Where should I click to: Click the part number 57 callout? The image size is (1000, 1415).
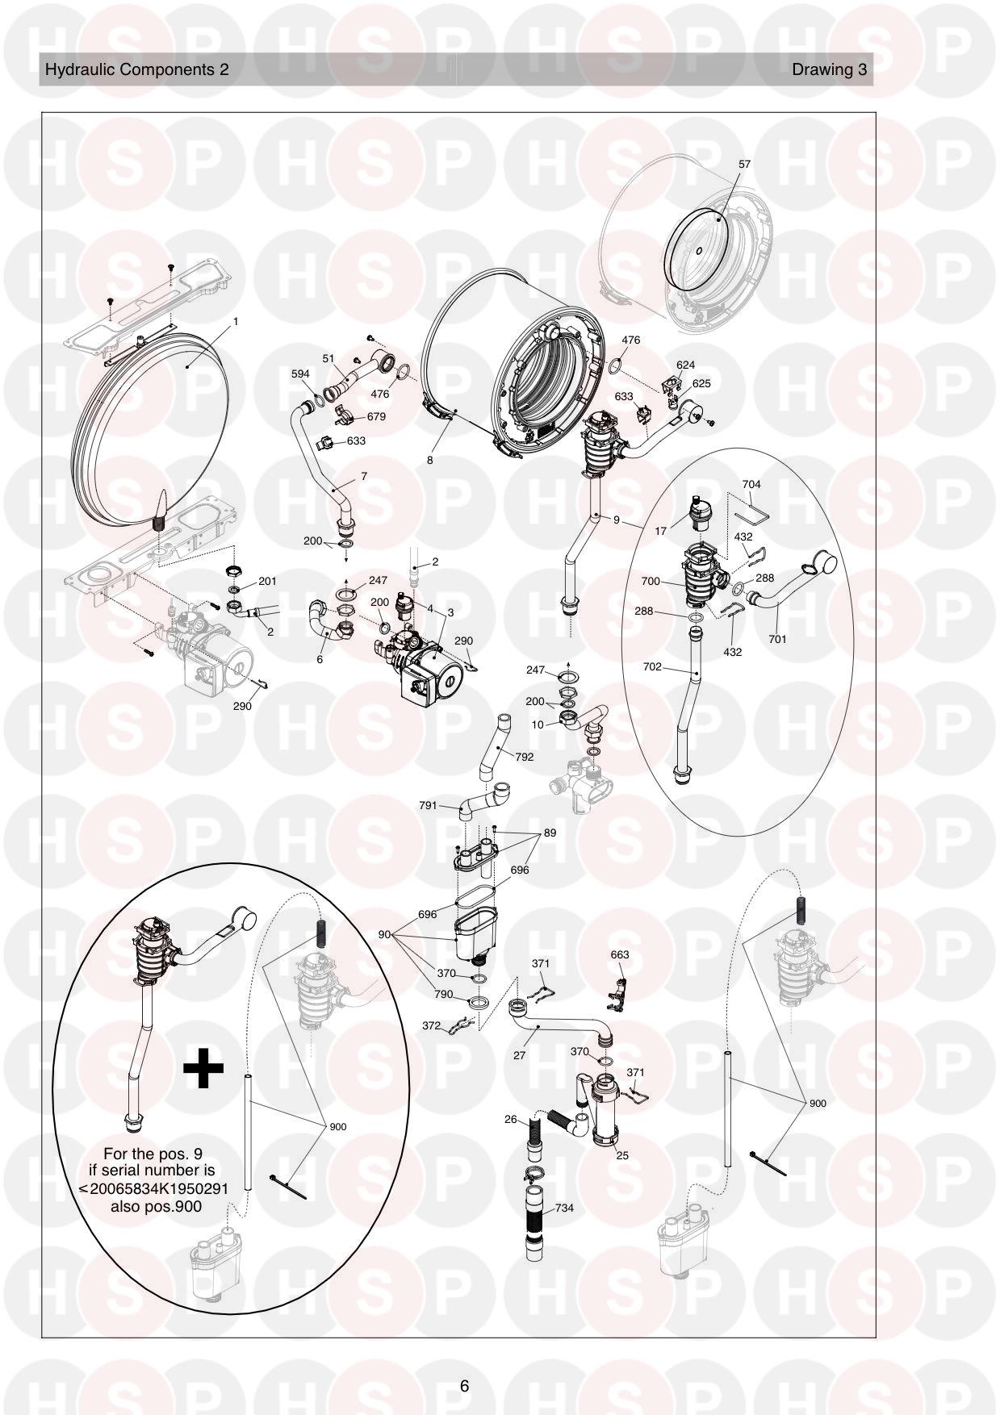point(744,164)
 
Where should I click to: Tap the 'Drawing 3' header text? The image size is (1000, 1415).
point(829,69)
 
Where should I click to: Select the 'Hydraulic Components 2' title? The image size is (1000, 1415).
point(136,69)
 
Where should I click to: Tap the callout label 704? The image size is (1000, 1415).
point(751,484)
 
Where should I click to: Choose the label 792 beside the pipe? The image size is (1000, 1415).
point(524,757)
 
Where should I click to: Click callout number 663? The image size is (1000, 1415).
point(620,954)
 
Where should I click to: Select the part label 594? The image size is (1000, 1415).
point(300,374)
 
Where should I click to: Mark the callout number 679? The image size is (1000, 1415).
point(376,416)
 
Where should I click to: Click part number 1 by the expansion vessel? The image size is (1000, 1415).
point(236,321)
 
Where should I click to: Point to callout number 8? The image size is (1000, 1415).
point(430,460)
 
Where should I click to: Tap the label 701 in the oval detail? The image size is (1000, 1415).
point(777,639)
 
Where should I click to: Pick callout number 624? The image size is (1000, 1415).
point(686,365)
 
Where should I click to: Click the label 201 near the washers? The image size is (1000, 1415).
point(267,581)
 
